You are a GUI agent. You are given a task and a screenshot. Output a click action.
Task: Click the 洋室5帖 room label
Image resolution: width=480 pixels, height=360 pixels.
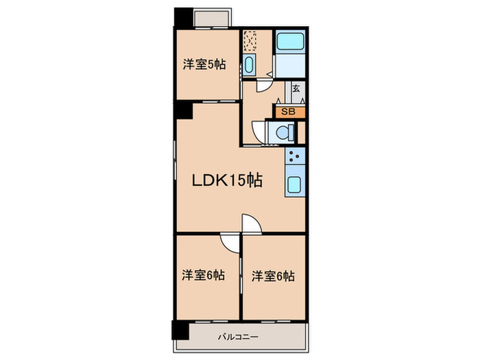(x=204, y=65)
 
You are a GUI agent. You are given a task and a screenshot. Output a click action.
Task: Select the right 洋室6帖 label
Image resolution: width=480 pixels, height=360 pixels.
(x=272, y=276)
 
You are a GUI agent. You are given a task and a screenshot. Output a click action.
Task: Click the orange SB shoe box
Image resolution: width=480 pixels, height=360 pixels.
(x=289, y=110)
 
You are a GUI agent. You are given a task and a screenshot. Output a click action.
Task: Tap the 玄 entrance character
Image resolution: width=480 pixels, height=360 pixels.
(x=296, y=88)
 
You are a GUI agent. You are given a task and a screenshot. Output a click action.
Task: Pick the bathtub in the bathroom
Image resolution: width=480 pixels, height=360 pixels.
(x=289, y=40)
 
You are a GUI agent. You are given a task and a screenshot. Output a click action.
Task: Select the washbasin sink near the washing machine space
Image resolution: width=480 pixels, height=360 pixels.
(x=249, y=67)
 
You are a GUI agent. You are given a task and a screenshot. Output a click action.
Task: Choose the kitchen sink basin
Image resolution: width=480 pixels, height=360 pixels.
(x=296, y=185)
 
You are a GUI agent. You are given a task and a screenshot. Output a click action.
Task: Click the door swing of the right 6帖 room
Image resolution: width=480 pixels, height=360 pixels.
(x=251, y=225)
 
